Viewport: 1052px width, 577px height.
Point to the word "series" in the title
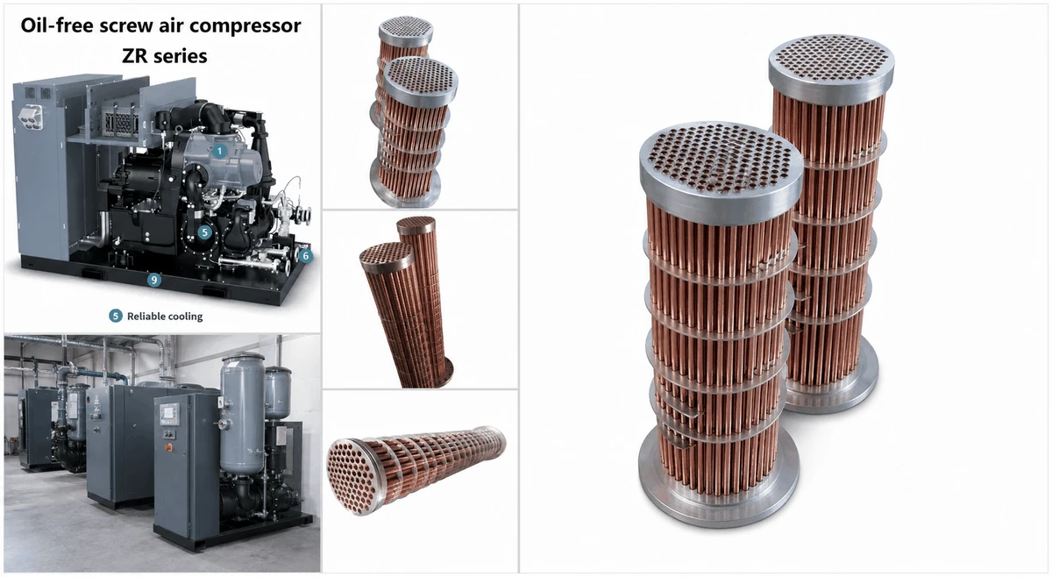tap(180, 56)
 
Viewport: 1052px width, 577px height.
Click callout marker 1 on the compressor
tap(219, 152)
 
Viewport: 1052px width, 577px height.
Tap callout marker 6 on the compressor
tap(305, 255)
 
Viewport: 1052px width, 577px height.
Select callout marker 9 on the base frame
tap(154, 281)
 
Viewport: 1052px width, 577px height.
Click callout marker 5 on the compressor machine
tap(204, 232)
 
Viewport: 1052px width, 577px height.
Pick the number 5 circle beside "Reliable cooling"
tap(116, 316)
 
